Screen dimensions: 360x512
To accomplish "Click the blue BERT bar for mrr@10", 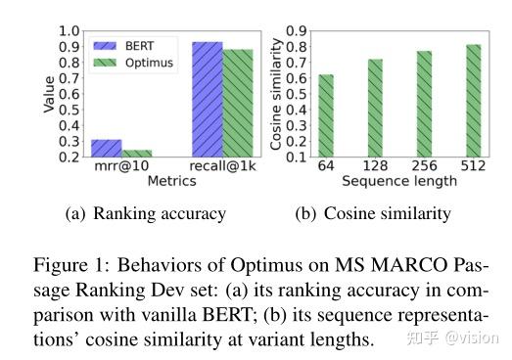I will tap(107, 149).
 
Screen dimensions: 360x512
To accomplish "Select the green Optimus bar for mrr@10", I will tap(137, 154).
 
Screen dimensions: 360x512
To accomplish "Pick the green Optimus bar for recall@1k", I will tap(238, 103).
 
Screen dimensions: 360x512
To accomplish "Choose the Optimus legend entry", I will tap(136, 62).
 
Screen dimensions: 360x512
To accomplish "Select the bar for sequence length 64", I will tap(326, 116).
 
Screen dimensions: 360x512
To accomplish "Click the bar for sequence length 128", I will tap(376, 109).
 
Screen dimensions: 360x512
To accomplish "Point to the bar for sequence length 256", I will tap(424, 104).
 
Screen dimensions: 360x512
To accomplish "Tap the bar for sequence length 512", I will tap(473, 101).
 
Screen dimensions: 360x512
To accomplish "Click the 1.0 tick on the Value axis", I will tap(70, 30).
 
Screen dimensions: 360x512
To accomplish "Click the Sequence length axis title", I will tap(399, 183).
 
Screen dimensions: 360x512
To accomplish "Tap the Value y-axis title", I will tap(49, 94).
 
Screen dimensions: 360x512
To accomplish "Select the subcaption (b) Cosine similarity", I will tap(373, 214).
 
